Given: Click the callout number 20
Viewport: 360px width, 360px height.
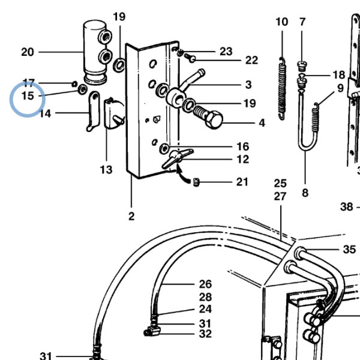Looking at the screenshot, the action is [x=28, y=52].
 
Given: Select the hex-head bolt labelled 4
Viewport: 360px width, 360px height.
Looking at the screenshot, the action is [x=208, y=116].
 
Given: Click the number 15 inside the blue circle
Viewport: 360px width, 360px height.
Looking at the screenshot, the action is [x=28, y=96].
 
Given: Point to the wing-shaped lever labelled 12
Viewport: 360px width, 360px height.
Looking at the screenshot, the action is [x=177, y=158].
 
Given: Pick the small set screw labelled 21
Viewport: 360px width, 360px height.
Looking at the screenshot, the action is [x=196, y=182].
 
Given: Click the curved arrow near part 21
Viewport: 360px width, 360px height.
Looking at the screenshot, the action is [x=182, y=176].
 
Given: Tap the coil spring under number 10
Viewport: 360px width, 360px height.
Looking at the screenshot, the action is [x=282, y=88].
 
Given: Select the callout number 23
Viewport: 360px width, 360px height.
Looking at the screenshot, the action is [x=226, y=52].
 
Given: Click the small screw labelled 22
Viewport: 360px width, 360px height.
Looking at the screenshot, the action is [x=190, y=58].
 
